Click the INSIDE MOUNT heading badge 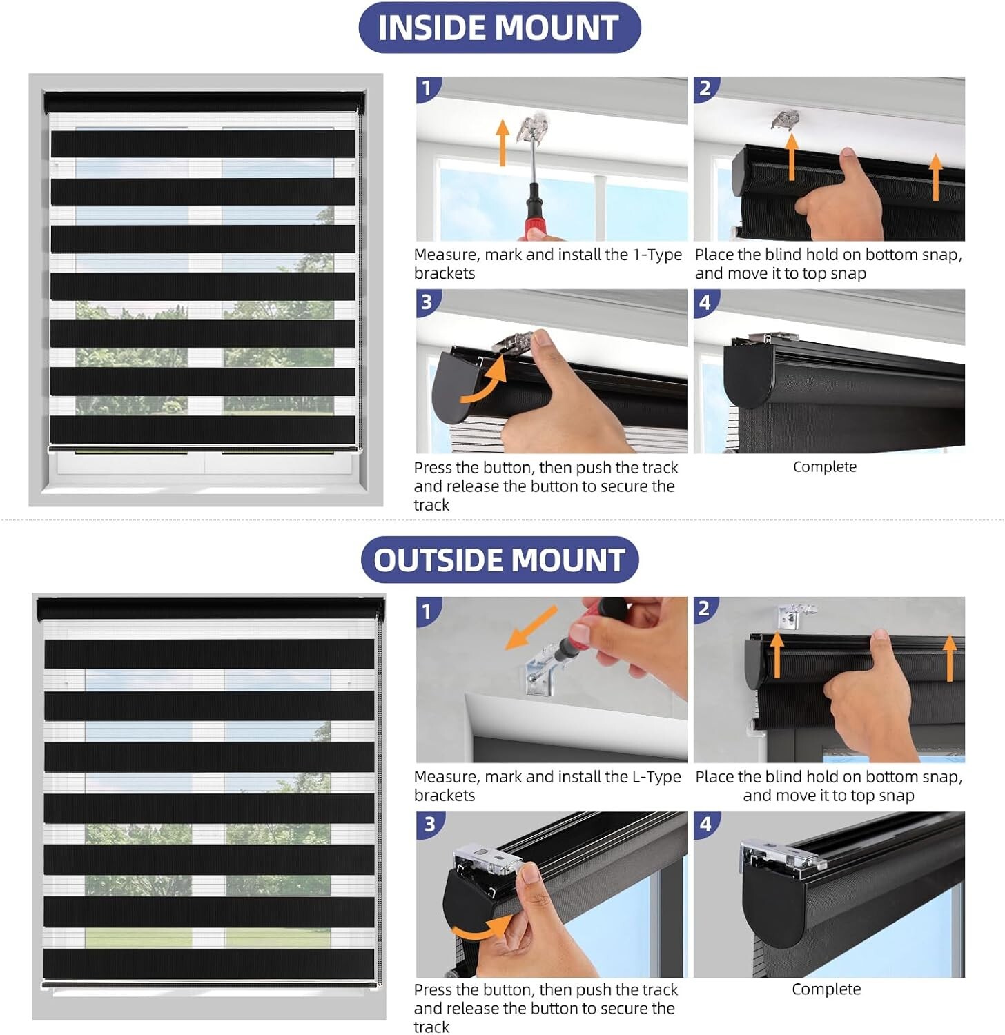(500, 28)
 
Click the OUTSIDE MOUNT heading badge (500, 560)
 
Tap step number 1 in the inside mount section (427, 88)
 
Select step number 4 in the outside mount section (705, 824)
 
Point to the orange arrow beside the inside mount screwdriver (503, 142)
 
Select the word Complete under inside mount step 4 (825, 467)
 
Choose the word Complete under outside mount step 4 (826, 989)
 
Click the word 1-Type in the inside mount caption (657, 255)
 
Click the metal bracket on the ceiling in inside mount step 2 (785, 119)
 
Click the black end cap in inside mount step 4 (748, 373)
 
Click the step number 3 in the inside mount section (427, 302)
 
